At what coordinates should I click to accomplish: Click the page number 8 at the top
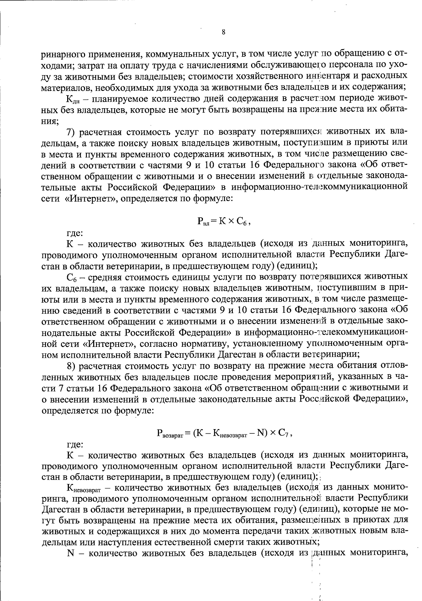point(224,32)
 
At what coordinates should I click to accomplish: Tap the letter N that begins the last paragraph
point(70,553)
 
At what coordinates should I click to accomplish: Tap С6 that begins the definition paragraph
point(71,278)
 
